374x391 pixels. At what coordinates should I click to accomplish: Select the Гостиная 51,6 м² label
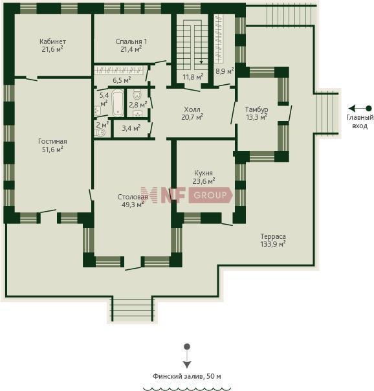coord(52,145)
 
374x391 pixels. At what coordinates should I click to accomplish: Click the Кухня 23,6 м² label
coord(204,177)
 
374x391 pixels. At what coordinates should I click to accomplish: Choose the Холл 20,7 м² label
coord(192,113)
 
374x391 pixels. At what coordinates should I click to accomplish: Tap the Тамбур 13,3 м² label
coord(257,113)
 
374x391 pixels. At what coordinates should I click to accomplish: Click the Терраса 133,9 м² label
coord(273,240)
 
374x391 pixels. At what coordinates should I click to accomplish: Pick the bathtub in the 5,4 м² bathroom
coord(118,103)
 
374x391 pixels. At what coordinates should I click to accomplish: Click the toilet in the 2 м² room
coord(100,132)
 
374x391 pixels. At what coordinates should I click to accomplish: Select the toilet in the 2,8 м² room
coord(137,95)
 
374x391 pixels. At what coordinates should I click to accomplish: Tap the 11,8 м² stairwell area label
coord(193,76)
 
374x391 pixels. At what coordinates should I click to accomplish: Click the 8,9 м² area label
coord(225,71)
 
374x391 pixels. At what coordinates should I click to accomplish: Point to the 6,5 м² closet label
coord(122,80)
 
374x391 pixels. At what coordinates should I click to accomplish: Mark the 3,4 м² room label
coord(131,128)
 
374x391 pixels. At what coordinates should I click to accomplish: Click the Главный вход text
coord(360,122)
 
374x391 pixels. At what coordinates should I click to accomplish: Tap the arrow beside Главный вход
coord(360,109)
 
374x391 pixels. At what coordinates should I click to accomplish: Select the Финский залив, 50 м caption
coord(186,376)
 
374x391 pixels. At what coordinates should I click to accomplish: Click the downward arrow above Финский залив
coord(187,356)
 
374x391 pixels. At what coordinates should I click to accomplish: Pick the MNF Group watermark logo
coord(187,195)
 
